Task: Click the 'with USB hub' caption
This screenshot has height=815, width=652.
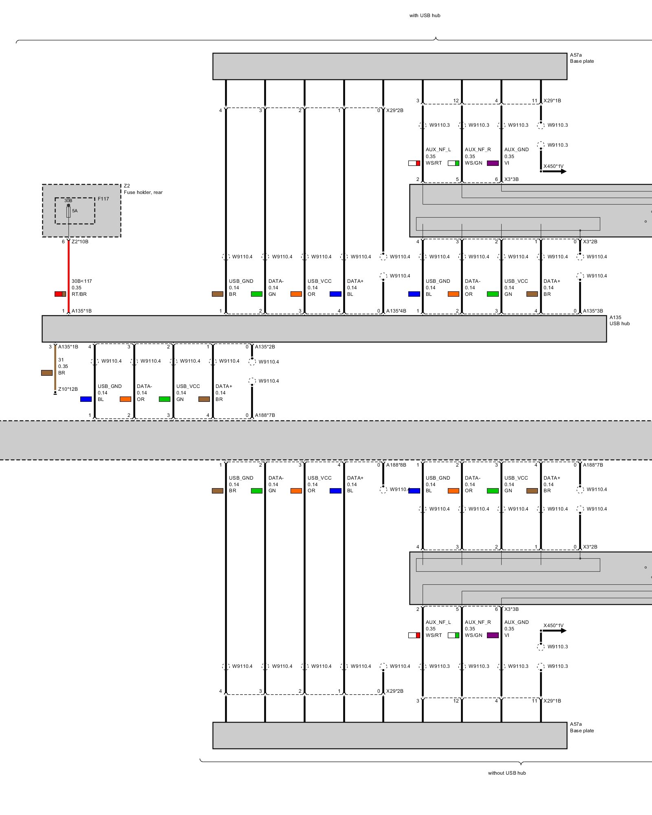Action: pos(425,15)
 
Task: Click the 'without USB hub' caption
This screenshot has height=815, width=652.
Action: pos(507,773)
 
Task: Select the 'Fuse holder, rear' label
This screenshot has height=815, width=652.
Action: pos(143,192)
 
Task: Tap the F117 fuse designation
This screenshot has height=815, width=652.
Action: pos(103,199)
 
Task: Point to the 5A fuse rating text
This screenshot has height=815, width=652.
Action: pos(75,211)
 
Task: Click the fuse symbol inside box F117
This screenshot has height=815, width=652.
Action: pos(68,212)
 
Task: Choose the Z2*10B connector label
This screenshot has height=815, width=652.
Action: pos(80,242)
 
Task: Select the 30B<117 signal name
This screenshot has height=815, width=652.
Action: pos(81,281)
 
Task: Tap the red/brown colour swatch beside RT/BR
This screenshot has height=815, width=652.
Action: pos(60,294)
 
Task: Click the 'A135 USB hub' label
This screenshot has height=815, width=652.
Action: pos(619,320)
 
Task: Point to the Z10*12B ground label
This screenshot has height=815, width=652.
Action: pos(68,389)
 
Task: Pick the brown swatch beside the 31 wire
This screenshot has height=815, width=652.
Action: pos(47,372)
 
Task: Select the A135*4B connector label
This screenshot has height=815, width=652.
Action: pos(396,311)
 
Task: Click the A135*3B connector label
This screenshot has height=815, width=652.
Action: pos(593,311)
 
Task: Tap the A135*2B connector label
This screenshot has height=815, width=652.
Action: pos(265,347)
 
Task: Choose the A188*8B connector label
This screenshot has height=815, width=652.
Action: pos(396,465)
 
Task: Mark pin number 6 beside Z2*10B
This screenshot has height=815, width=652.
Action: pos(63,242)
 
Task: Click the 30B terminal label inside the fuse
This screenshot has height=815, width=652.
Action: pos(68,200)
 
